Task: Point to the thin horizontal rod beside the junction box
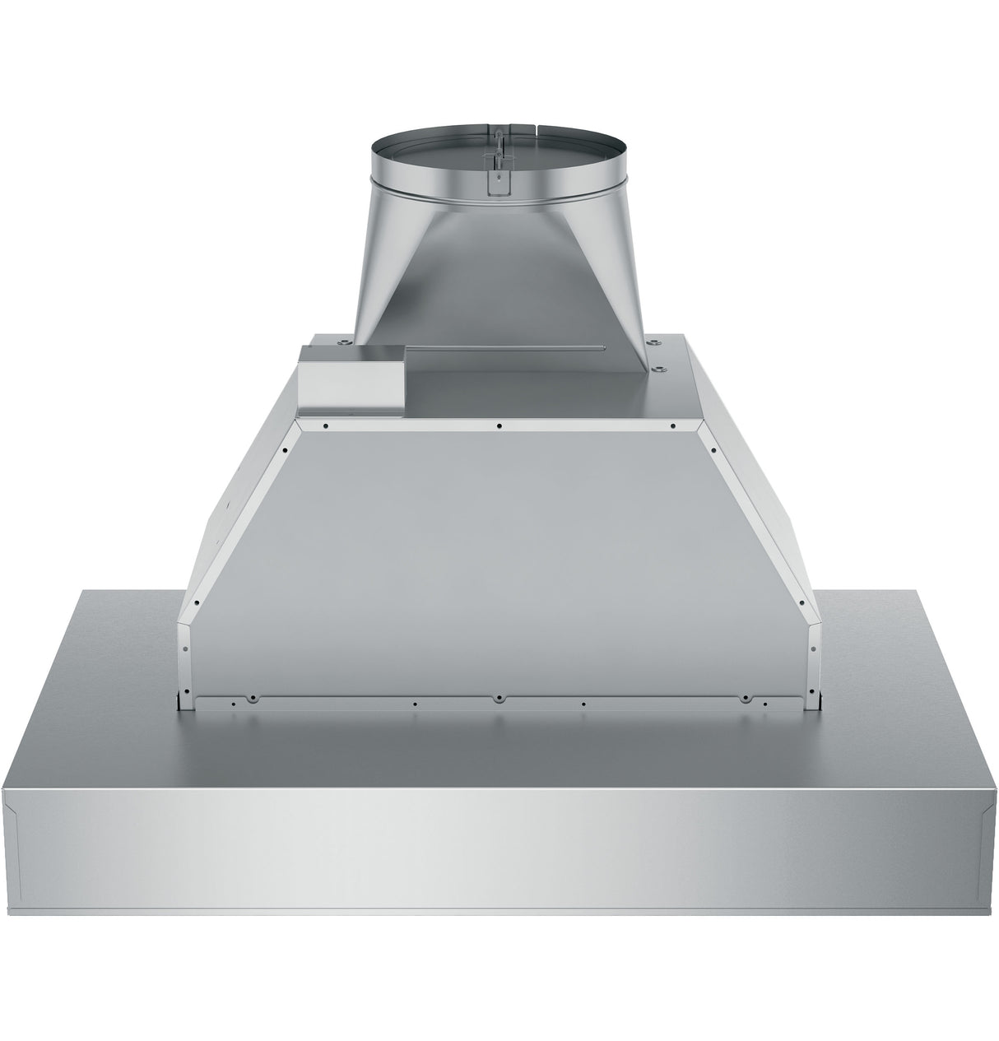point(505,351)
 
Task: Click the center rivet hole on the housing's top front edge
point(499,425)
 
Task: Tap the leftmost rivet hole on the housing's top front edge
point(327,425)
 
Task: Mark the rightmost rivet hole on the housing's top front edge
point(673,425)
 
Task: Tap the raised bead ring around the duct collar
point(499,197)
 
